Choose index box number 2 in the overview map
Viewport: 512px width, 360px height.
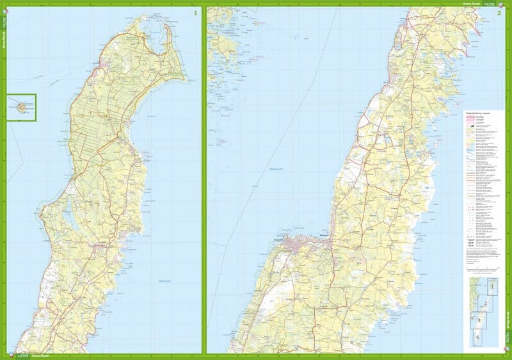coord(486,304)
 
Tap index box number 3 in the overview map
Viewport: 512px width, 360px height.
coord(479,320)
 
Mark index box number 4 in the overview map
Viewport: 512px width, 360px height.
coord(477,337)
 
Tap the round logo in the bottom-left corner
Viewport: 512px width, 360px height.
coord(8,353)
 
